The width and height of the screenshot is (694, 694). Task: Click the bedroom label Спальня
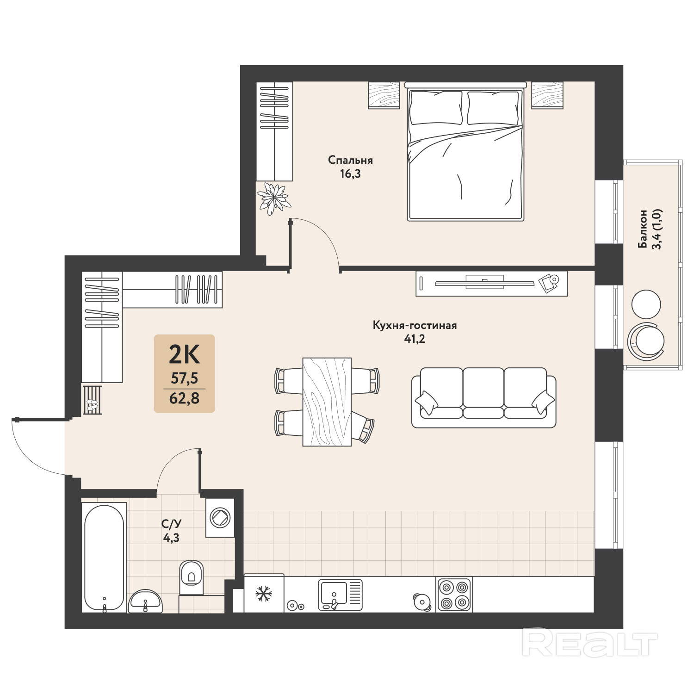[350, 160]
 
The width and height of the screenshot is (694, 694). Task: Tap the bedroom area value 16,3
[350, 174]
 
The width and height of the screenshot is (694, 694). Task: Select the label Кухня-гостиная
[415, 325]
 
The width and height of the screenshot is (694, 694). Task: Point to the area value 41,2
[415, 339]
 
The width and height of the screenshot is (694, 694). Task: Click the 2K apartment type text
[184, 355]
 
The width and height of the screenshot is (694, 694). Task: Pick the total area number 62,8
[184, 397]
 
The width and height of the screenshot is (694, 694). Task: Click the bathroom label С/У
[171, 524]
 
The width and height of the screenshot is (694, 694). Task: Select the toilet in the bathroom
[191, 577]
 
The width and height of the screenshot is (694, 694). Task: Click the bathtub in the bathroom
[104, 558]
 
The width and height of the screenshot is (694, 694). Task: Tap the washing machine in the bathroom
[220, 517]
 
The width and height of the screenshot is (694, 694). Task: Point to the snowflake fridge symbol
[264, 594]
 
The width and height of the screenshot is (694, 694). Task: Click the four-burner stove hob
[453, 595]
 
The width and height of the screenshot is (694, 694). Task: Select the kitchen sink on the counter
[340, 595]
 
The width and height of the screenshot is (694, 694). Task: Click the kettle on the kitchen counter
[421, 601]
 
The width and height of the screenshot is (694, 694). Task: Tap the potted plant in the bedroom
[274, 198]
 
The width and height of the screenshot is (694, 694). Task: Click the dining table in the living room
[327, 402]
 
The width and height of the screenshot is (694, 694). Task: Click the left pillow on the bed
[436, 108]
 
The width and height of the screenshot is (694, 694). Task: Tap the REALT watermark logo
[590, 643]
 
